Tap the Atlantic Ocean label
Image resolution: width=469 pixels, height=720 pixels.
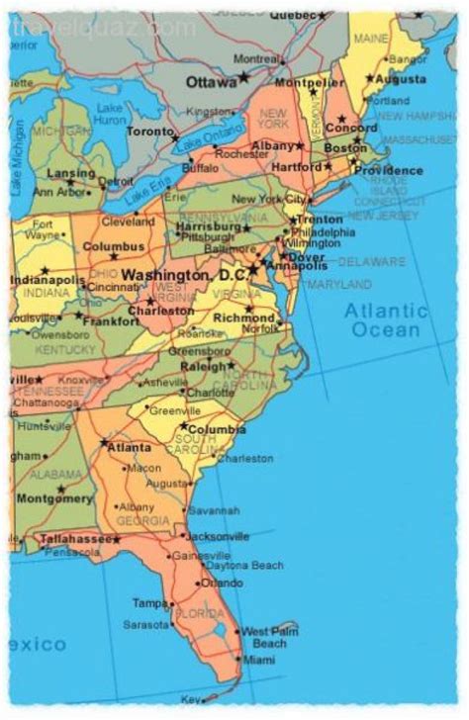click(x=385, y=319)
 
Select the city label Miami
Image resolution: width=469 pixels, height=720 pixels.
click(x=260, y=660)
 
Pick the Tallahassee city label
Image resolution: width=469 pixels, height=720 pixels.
click(x=74, y=539)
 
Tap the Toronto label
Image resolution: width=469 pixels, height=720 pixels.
click(x=149, y=132)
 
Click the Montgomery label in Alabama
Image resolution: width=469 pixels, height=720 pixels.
click(x=53, y=498)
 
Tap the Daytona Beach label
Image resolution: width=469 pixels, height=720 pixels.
click(x=245, y=565)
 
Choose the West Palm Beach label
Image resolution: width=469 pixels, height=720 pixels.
click(x=269, y=636)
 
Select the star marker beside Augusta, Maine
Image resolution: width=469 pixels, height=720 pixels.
click(x=370, y=78)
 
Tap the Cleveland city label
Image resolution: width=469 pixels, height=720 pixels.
click(x=129, y=223)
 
